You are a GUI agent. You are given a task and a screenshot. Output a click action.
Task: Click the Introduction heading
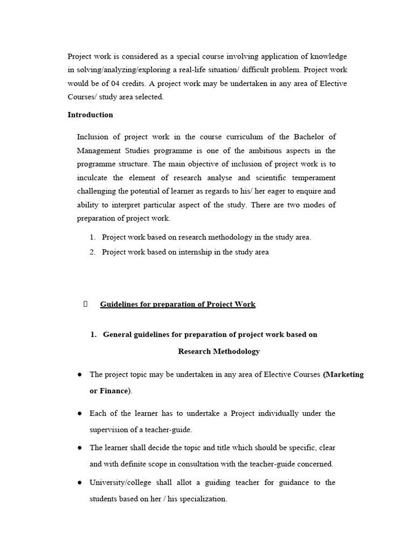(x=90, y=115)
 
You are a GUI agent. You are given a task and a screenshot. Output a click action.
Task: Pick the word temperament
(x=312, y=178)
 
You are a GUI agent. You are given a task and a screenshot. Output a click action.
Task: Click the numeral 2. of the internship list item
(x=93, y=252)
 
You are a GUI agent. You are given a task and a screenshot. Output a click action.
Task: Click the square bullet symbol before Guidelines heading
(x=85, y=304)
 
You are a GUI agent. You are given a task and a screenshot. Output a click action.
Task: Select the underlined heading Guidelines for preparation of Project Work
(x=178, y=305)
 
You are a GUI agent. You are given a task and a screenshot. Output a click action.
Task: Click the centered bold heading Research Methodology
(x=219, y=351)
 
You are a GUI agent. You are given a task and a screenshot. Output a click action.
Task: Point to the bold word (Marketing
(x=343, y=375)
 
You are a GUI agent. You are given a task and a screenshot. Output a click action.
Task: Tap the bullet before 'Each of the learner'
(x=79, y=413)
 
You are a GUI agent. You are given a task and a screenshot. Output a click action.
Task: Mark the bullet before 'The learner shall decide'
(x=79, y=448)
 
